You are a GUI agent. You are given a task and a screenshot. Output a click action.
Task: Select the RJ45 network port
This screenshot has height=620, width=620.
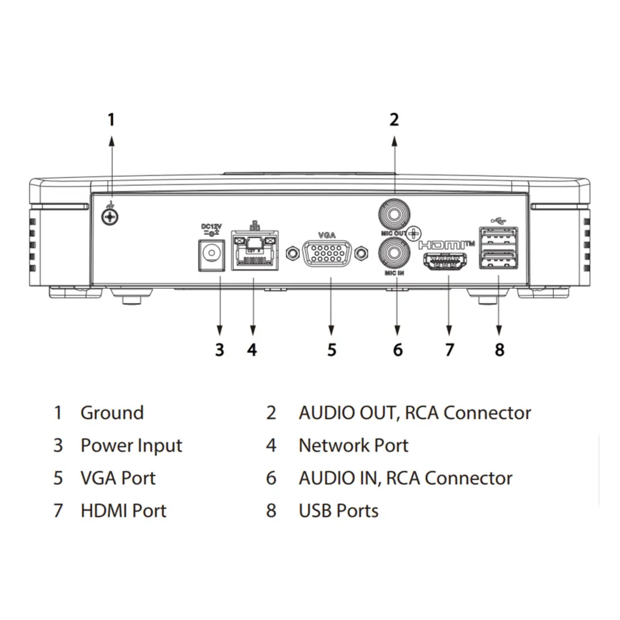[254, 253]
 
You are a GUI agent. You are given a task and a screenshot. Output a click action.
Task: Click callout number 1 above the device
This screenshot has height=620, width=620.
[111, 119]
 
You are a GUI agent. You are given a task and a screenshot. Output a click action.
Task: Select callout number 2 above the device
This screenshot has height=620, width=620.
[394, 119]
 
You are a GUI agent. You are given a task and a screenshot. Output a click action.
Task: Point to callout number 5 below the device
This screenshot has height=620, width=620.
[332, 349]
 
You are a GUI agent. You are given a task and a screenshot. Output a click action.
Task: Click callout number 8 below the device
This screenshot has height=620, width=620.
[499, 349]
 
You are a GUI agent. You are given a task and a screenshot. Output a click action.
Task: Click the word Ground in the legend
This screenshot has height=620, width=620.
[112, 413]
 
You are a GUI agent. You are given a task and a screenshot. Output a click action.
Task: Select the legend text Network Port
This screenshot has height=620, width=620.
[353, 446]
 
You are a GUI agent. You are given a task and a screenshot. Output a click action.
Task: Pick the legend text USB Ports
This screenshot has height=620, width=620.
[338, 510]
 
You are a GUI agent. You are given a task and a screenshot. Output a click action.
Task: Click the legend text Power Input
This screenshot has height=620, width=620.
[131, 446]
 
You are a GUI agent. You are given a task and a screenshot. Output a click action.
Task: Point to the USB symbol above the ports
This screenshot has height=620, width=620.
[498, 220]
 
